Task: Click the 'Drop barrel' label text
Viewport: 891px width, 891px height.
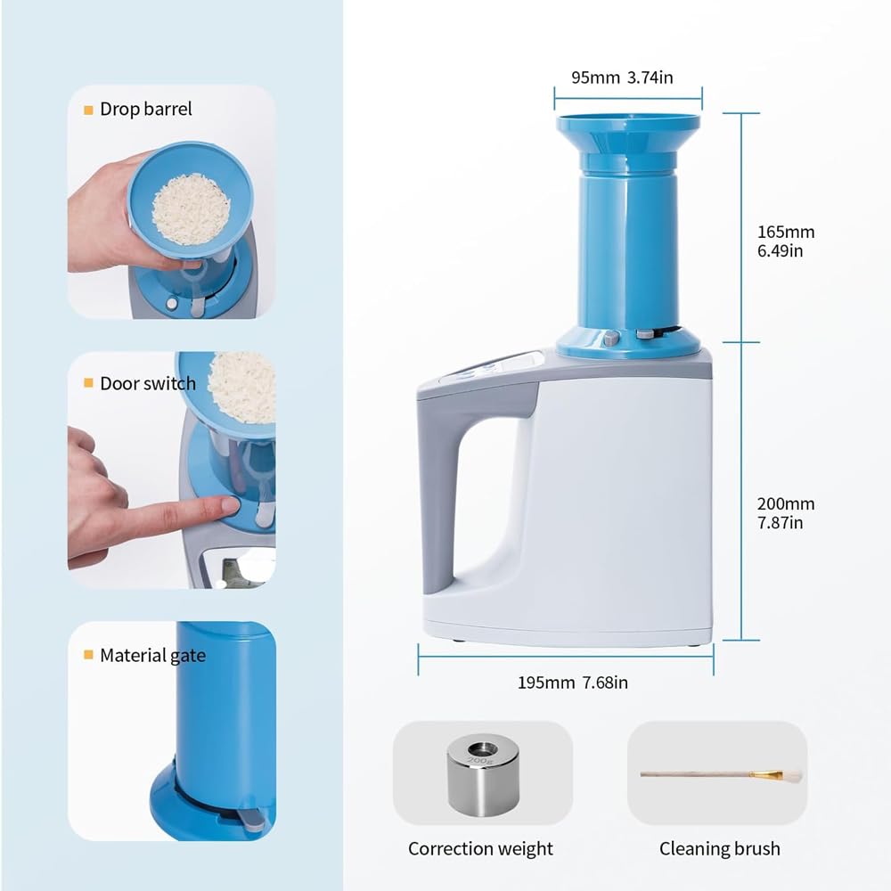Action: (145, 109)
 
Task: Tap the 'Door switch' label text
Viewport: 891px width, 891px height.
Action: (148, 383)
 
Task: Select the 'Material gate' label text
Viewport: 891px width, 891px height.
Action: (153, 655)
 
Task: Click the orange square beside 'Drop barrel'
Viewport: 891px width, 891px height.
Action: (88, 110)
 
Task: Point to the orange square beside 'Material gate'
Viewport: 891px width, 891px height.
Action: (88, 655)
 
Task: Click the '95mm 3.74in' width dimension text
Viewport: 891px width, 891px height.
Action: (622, 78)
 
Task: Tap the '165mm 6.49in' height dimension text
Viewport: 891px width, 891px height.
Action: (785, 241)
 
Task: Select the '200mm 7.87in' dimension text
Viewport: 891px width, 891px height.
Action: (785, 512)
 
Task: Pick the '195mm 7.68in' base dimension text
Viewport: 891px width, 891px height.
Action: (573, 683)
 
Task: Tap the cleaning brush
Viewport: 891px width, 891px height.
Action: (721, 775)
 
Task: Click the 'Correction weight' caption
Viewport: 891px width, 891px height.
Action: (480, 849)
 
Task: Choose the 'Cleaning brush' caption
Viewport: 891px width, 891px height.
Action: (719, 849)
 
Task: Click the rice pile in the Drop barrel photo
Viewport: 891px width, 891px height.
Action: (192, 209)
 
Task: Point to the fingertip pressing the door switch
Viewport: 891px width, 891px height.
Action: (229, 503)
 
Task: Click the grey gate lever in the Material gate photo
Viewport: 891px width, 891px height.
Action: (251, 818)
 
